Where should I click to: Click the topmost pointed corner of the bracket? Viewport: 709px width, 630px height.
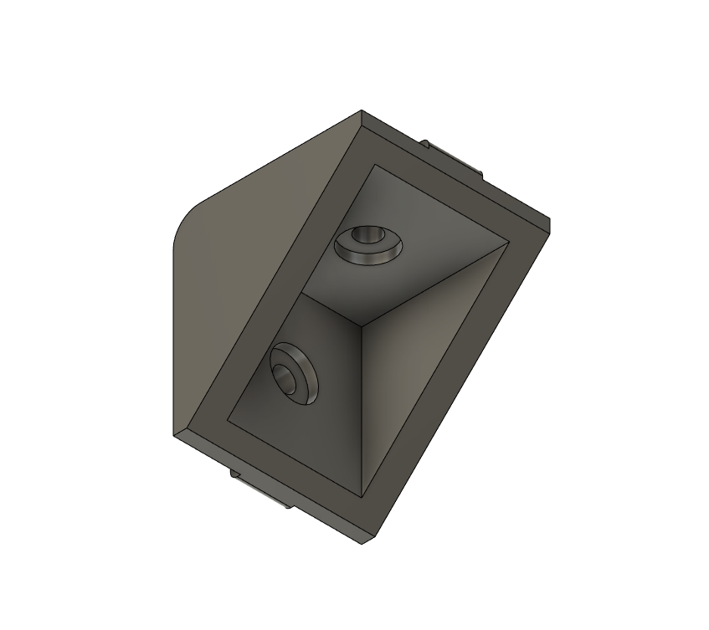click(362, 110)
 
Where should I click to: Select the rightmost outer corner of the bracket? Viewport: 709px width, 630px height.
click(549, 223)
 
